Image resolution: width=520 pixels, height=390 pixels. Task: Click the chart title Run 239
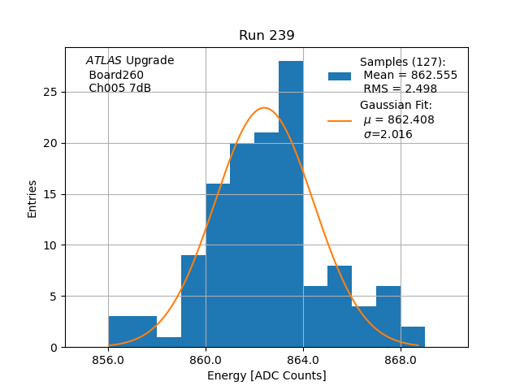266,36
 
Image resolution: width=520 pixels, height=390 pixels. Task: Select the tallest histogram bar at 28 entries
291,203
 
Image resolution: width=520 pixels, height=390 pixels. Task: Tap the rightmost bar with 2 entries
413,337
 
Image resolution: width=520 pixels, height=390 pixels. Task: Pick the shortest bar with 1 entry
169,342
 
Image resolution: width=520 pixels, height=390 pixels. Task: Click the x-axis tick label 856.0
108,360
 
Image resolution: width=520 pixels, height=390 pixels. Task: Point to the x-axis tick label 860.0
206,360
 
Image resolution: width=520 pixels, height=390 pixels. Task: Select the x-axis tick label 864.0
303,360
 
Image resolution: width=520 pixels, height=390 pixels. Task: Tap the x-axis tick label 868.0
401,360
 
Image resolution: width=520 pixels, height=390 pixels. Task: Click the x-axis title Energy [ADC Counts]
266,375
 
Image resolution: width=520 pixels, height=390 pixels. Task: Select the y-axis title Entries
32,198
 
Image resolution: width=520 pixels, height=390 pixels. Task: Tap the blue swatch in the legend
340,76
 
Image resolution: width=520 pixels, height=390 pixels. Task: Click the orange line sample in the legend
340,120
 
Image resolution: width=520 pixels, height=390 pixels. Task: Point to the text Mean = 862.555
410,76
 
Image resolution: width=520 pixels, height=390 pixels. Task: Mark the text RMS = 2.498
401,89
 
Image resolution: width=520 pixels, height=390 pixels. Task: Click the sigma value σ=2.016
388,134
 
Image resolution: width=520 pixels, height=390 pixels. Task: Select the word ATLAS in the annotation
104,61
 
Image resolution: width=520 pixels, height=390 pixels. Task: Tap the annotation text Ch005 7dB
119,88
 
